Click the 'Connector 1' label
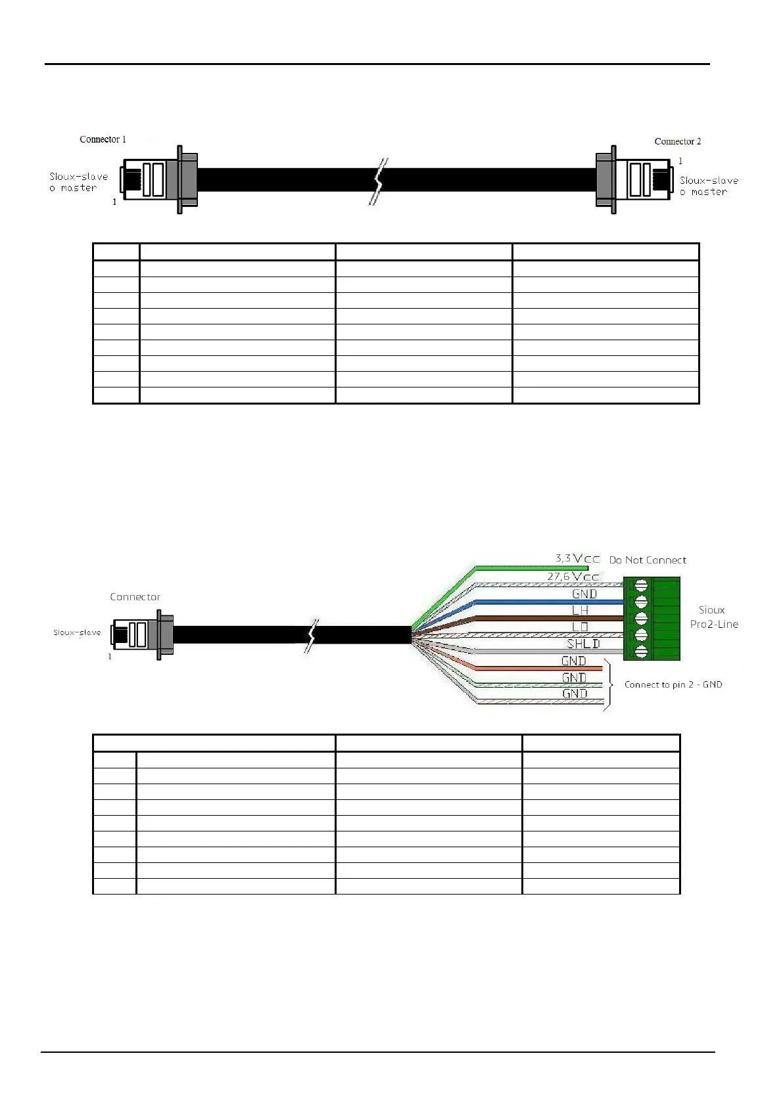click(x=103, y=139)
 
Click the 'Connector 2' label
click(x=677, y=141)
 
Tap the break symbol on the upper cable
click(x=379, y=181)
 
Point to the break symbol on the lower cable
click(x=311, y=635)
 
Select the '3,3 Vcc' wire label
click(x=577, y=558)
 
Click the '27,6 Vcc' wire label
click(x=573, y=577)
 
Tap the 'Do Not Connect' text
click(x=648, y=560)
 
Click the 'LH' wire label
click(x=580, y=610)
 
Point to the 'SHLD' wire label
click(x=583, y=644)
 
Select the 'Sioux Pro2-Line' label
click(x=713, y=617)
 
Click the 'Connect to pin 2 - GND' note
click(x=673, y=684)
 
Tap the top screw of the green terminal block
click(x=641, y=585)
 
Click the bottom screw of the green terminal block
click(x=641, y=652)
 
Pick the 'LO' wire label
click(x=580, y=627)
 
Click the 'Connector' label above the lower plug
click(x=135, y=596)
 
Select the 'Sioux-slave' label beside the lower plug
click(x=77, y=632)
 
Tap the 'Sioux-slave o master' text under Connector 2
click(x=709, y=186)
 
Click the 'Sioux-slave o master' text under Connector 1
click(x=78, y=182)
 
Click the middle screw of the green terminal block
click(x=641, y=618)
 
